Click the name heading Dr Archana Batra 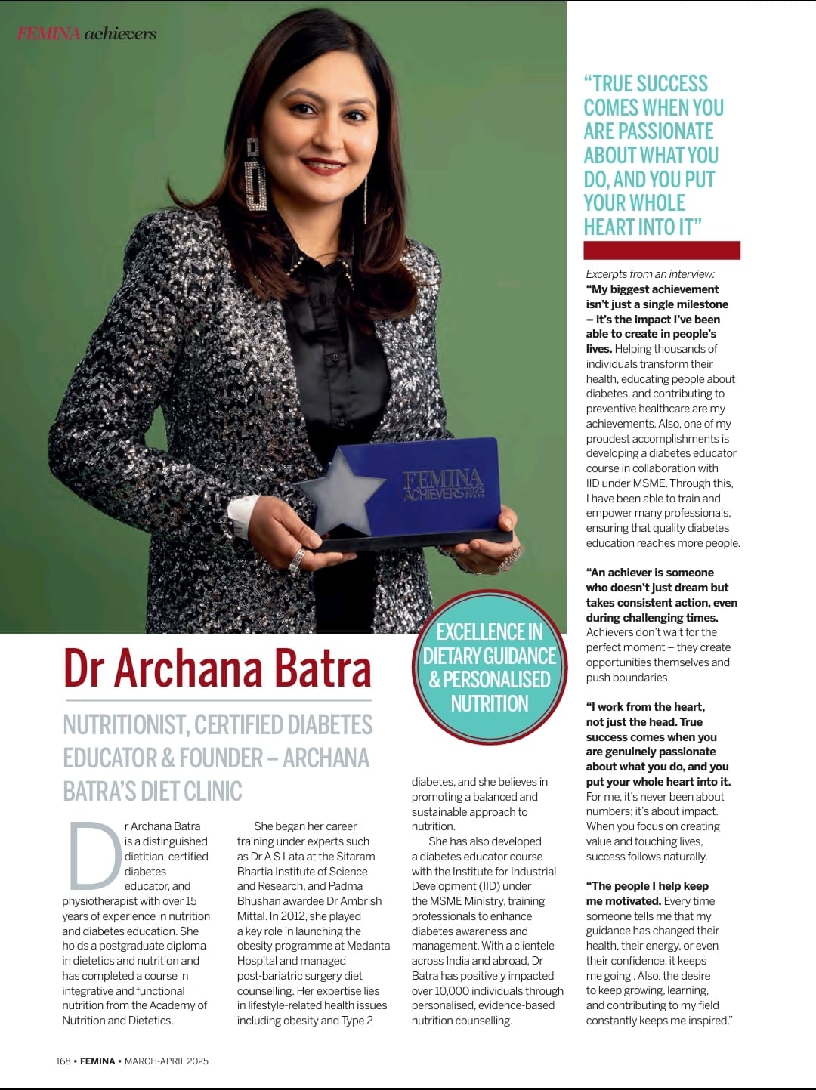(x=217, y=669)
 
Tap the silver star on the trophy (x=342, y=489)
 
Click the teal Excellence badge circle (x=490, y=666)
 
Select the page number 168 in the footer (x=63, y=1061)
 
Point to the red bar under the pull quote (x=661, y=250)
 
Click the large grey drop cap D (x=94, y=856)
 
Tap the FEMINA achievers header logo (x=87, y=33)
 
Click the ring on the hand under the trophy (x=297, y=560)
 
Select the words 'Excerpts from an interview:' (x=650, y=274)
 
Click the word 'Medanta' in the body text (x=366, y=946)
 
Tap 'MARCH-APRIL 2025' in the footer (x=166, y=1061)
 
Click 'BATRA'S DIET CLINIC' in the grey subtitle (x=153, y=791)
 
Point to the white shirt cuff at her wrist (x=243, y=510)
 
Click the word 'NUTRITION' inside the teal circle (x=490, y=704)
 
